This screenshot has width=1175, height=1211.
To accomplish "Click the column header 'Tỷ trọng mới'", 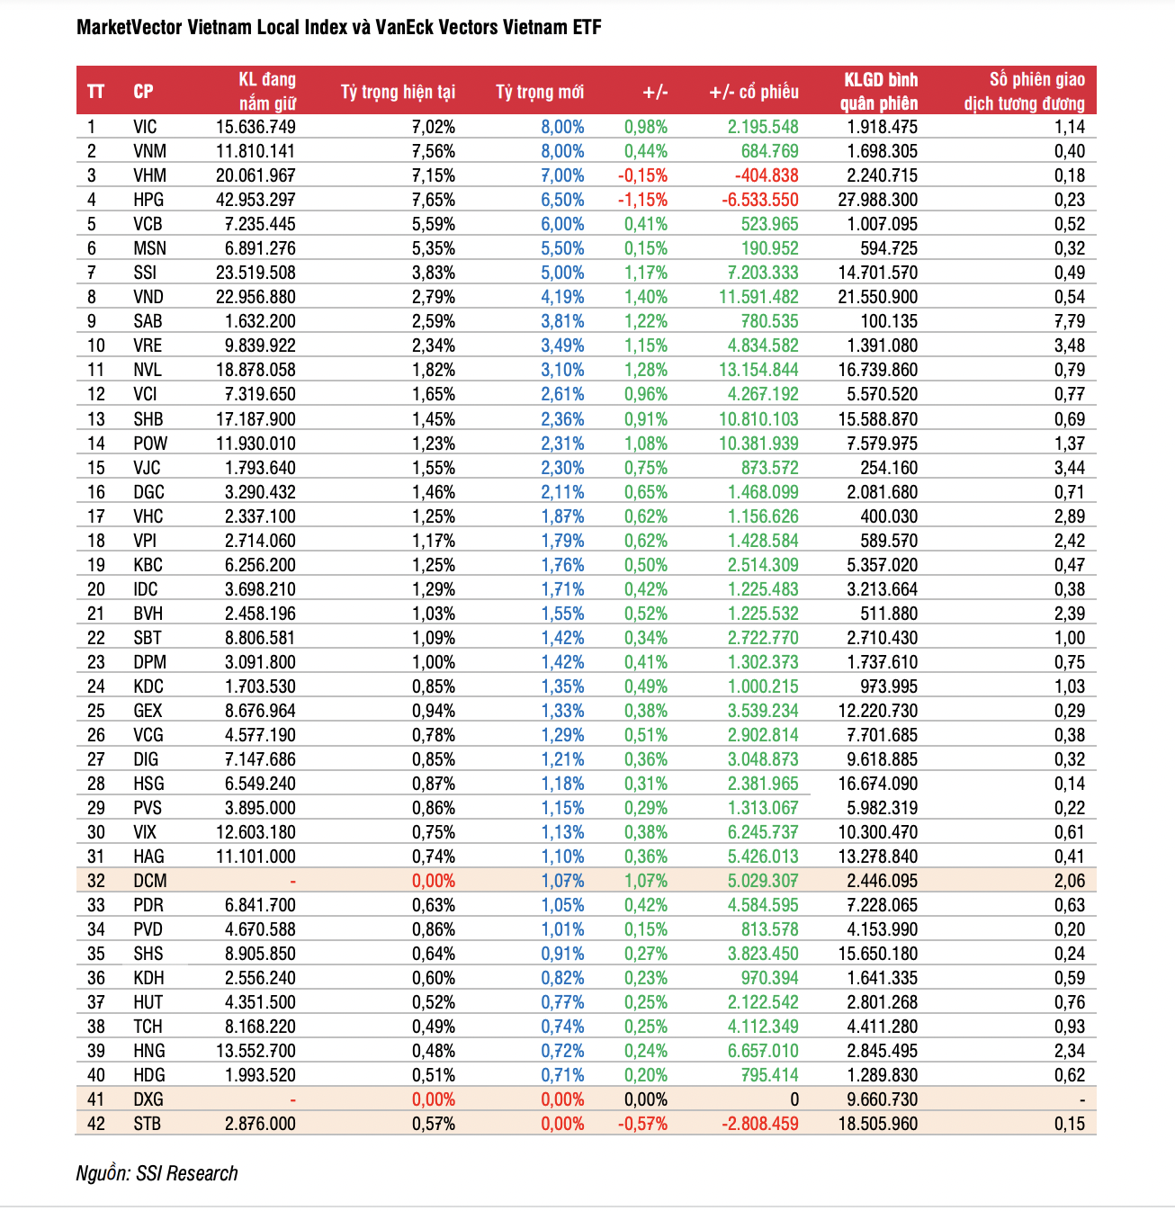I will pyautogui.click(x=539, y=92).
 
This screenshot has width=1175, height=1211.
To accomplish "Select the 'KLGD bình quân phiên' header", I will pyautogui.click(x=879, y=91).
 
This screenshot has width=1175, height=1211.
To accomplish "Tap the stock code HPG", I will pyautogui.click(x=148, y=200).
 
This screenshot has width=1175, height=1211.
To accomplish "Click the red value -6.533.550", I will pyautogui.click(x=759, y=200).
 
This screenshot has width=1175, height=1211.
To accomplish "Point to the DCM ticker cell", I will pyautogui.click(x=149, y=881).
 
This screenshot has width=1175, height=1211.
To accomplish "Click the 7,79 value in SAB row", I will pyautogui.click(x=1070, y=321).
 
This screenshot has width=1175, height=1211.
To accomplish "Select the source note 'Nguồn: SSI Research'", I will pyautogui.click(x=157, y=1173).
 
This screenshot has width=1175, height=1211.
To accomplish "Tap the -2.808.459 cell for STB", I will pyautogui.click(x=759, y=1124).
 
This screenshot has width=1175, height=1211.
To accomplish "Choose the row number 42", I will pyautogui.click(x=95, y=1124).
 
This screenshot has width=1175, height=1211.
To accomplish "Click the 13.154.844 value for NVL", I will pyautogui.click(x=758, y=370).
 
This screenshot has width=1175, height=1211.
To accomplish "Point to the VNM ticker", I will pyautogui.click(x=149, y=151).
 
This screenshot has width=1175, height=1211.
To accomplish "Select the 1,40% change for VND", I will pyautogui.click(x=645, y=297).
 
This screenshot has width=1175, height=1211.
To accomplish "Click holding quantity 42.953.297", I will pyautogui.click(x=256, y=200).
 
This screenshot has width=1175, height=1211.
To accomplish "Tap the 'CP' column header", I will pyautogui.click(x=143, y=92).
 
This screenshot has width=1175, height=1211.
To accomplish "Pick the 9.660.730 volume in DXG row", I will pyautogui.click(x=882, y=1099).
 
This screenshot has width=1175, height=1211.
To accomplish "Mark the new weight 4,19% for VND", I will pyautogui.click(x=562, y=297).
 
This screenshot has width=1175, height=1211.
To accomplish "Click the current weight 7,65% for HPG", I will pyautogui.click(x=433, y=200).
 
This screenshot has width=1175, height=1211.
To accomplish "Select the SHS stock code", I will pyautogui.click(x=148, y=954).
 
